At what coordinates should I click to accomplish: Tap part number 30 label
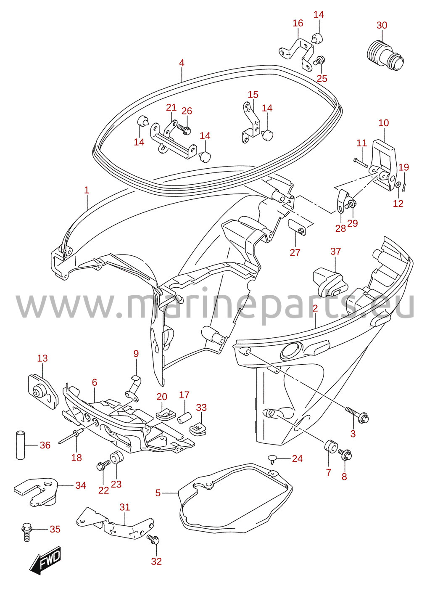tap(382, 25)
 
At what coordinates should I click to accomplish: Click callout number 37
tap(335, 252)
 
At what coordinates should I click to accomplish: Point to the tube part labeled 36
tap(21, 445)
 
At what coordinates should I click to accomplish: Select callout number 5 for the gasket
tap(158, 493)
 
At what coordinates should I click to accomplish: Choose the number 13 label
tap(42, 358)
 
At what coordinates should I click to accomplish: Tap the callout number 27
tap(295, 252)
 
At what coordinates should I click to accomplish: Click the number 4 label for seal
tap(182, 63)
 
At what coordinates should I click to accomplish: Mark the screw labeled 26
tap(184, 128)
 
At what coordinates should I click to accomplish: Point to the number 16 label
tap(298, 23)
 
